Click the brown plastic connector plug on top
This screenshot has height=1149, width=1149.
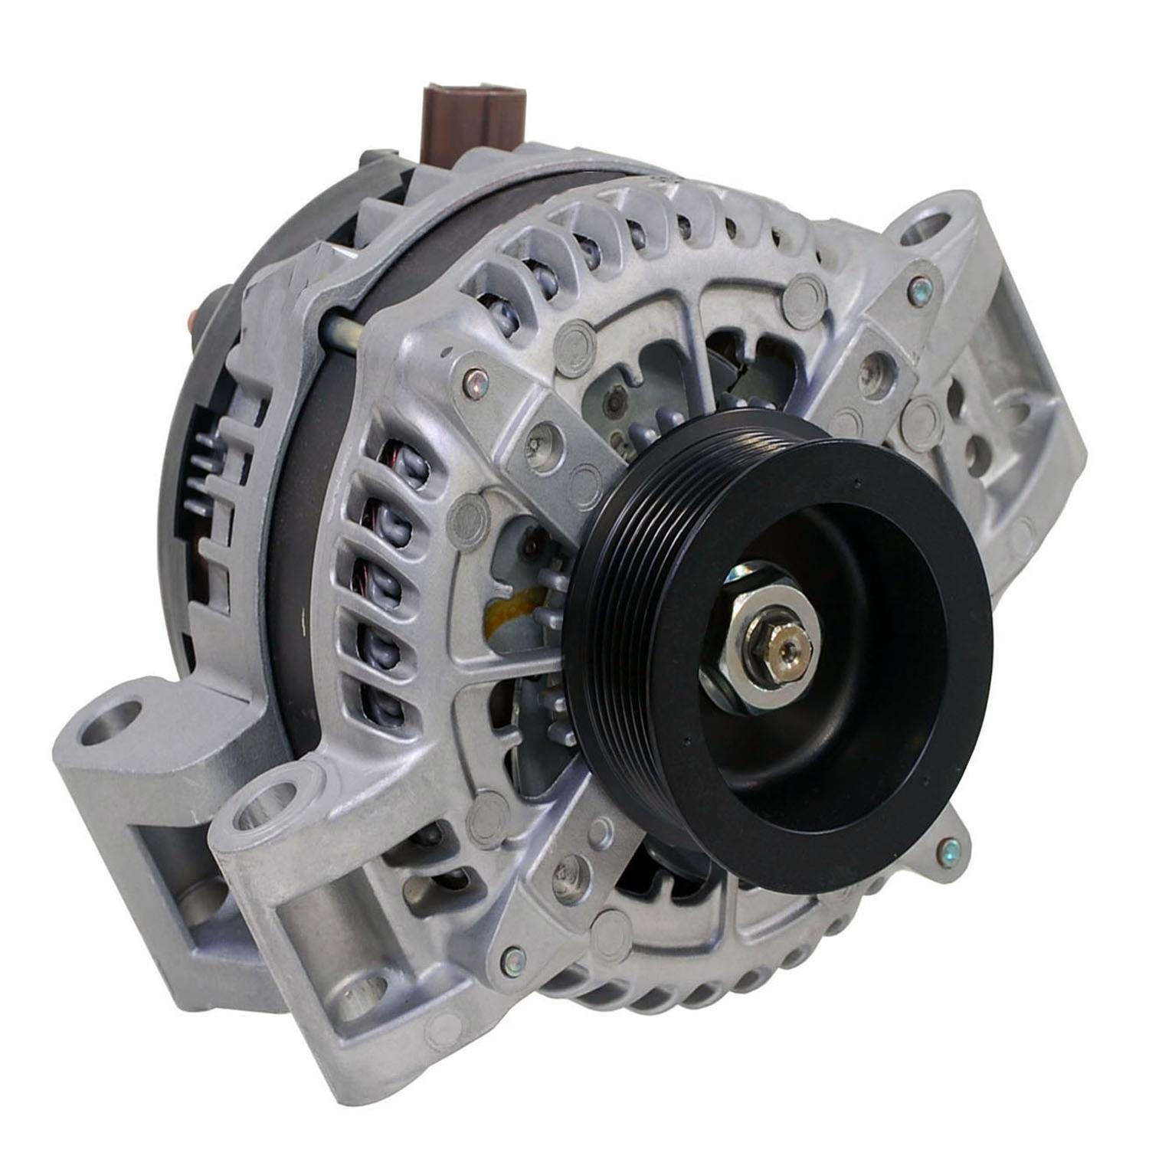474,123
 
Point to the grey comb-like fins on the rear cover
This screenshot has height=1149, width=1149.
211,460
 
